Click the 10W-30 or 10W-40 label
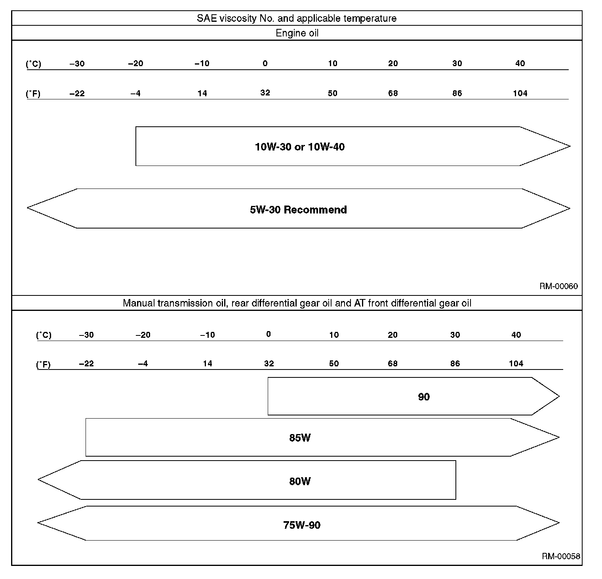pos(300,147)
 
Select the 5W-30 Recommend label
pos(298,210)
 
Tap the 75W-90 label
pos(302,525)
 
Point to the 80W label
pos(300,481)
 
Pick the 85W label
pos(300,438)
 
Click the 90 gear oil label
pos(424,397)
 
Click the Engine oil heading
pos(297,33)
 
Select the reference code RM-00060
pos(558,286)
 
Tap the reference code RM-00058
pos(561,556)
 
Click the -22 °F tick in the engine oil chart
pos(77,93)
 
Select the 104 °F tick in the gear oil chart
pos(516,364)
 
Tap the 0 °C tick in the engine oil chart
pos(265,63)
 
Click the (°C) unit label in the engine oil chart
pos(34,64)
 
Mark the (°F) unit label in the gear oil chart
pos(44,364)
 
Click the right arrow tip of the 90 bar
pos(559,396)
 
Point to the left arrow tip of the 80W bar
pos(39,480)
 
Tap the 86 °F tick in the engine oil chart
pos(457,93)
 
